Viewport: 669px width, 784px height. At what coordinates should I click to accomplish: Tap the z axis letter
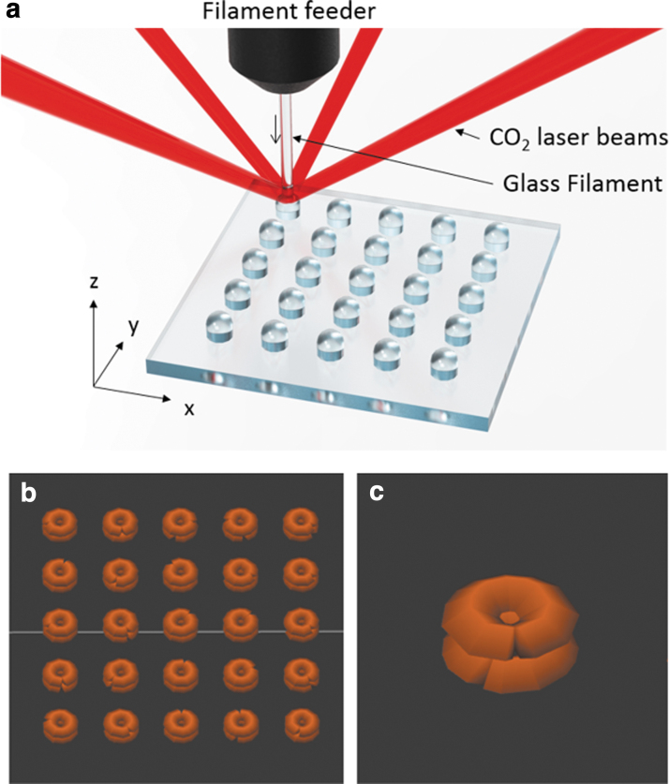(x=96, y=282)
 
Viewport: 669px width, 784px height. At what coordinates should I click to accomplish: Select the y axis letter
(x=133, y=327)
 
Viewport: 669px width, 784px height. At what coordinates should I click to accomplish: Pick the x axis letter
(x=188, y=408)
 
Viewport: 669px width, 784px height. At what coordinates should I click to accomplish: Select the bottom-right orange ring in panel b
(x=301, y=722)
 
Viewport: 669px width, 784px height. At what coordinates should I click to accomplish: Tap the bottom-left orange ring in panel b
(x=61, y=722)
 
